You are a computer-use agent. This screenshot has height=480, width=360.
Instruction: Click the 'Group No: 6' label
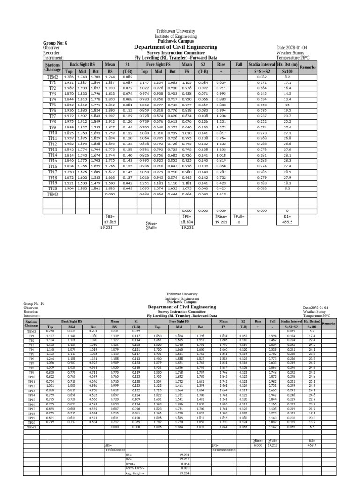pos(55,43)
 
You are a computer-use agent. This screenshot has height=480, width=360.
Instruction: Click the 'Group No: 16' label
pos(33,303)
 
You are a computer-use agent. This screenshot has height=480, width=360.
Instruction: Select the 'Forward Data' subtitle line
pos(176,58)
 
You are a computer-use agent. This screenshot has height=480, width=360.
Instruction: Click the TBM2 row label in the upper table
pos(52,77)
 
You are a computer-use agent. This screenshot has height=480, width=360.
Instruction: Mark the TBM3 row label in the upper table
pos(52,194)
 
